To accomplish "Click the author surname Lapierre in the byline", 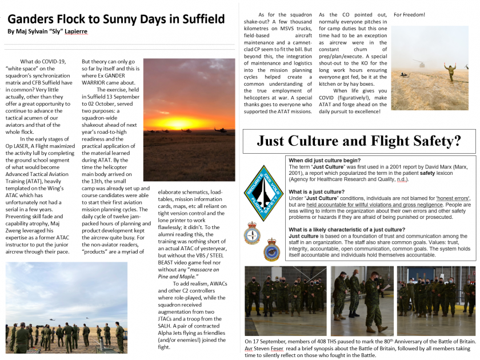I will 74,31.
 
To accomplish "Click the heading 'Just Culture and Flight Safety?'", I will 359,141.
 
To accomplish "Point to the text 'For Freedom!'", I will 409,14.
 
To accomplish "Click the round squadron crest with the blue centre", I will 272,250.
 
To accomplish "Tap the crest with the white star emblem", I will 252,234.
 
